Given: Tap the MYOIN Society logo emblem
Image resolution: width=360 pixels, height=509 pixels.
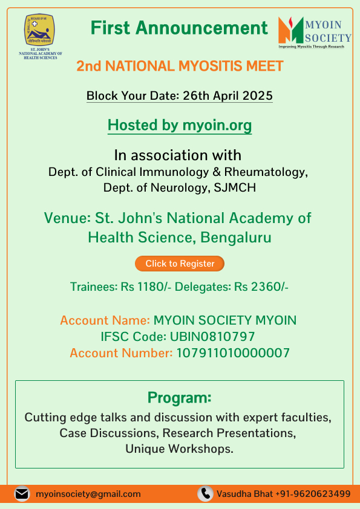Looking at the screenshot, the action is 291,30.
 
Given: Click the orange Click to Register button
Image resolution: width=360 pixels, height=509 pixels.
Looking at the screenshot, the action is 180,264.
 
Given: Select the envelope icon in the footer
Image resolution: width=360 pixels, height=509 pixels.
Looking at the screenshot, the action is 22,494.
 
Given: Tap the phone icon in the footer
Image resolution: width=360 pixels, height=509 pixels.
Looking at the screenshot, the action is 206,494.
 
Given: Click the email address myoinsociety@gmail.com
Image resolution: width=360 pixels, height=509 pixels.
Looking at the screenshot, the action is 88,494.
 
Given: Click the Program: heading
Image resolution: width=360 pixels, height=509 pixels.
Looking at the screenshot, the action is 180,398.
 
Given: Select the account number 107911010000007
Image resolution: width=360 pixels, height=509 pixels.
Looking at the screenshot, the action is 232,353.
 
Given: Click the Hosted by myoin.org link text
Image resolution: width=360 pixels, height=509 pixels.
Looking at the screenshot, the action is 180,125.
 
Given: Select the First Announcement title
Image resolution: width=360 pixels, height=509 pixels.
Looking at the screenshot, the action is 179,28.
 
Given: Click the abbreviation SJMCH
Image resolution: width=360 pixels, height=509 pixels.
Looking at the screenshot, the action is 235,187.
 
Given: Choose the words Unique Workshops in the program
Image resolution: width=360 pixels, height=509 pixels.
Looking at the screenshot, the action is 179,449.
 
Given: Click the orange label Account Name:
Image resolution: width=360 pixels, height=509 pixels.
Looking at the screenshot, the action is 105,320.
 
